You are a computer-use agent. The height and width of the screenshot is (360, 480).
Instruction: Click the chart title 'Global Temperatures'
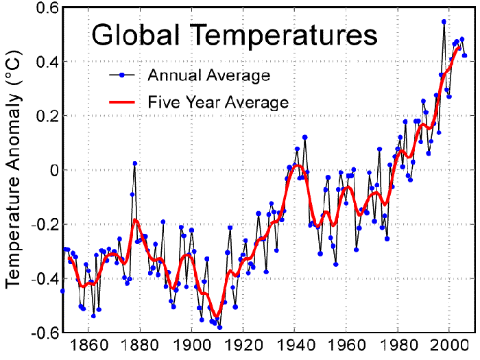pos(235,35)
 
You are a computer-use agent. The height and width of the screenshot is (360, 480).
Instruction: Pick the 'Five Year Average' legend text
pos(218,103)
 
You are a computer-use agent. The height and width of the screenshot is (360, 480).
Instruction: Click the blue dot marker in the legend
pos(121,74)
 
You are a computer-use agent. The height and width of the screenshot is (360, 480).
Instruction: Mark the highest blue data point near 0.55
pos(444,22)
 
